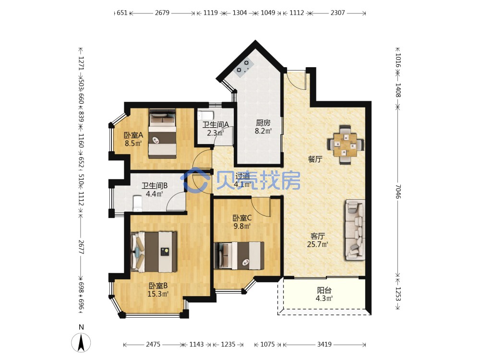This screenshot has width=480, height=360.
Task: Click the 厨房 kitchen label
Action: click(x=263, y=123)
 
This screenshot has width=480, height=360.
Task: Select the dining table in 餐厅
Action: click(x=346, y=144)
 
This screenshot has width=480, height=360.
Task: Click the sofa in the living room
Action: click(x=355, y=230)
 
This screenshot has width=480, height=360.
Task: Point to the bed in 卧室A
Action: click(x=163, y=134)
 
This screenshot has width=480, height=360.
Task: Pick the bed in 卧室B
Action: click(x=154, y=252)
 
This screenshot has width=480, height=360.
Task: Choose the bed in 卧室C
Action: click(x=239, y=256)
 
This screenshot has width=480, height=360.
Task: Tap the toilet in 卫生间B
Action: click(x=137, y=204)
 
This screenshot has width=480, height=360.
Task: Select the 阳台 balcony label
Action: click(x=324, y=290)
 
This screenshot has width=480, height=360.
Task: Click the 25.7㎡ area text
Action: click(x=317, y=244)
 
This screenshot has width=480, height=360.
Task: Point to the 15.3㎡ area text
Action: click(x=158, y=294)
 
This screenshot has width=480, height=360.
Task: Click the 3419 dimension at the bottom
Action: click(x=324, y=344)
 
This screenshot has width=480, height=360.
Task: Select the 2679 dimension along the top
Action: click(x=162, y=13)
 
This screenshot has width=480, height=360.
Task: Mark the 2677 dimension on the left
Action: click(x=81, y=247)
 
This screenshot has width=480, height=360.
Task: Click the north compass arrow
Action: click(x=81, y=343)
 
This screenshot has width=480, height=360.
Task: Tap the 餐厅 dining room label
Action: click(x=315, y=159)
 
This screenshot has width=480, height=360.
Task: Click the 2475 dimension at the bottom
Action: click(x=153, y=344)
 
